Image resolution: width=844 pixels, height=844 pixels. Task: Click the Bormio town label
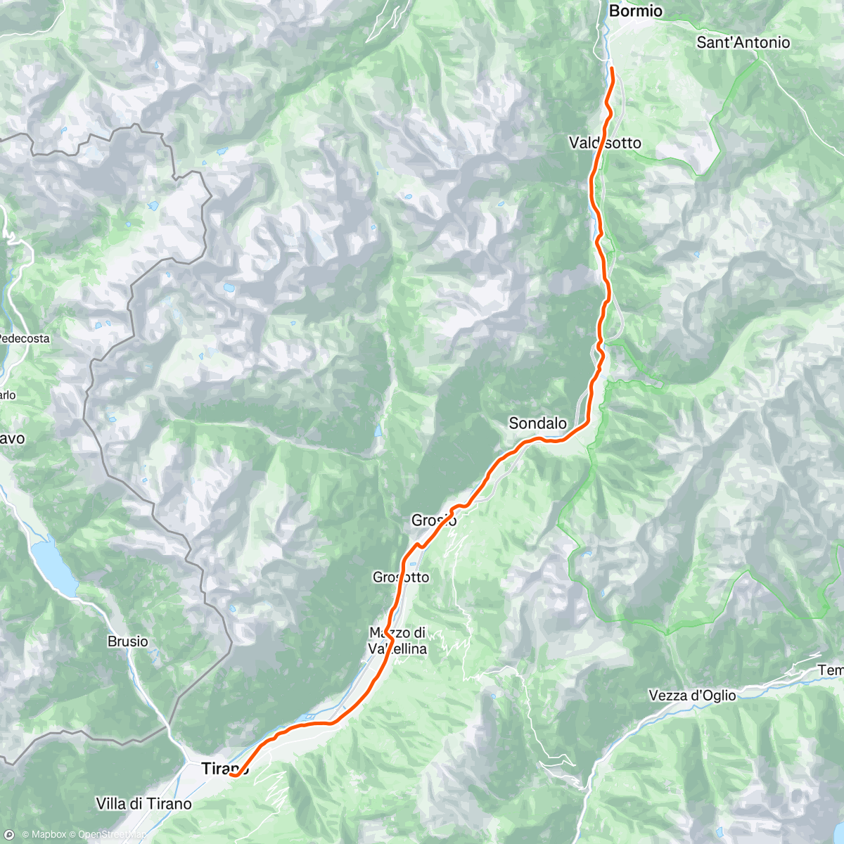(635, 11)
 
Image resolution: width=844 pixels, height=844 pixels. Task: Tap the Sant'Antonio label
(743, 43)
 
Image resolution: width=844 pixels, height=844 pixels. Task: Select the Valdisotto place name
(605, 143)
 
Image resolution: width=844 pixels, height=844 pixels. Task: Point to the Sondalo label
(537, 423)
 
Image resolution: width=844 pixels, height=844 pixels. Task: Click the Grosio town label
(434, 520)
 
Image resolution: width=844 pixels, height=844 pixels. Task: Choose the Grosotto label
(400, 577)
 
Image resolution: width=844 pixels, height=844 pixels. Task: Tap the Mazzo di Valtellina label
(398, 641)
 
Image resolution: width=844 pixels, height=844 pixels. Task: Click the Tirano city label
(224, 769)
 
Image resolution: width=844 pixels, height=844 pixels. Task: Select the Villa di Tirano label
(143, 804)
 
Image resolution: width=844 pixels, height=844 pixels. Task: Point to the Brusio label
(128, 641)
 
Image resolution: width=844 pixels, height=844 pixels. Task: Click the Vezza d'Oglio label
(692, 696)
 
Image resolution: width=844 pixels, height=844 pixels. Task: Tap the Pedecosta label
(24, 339)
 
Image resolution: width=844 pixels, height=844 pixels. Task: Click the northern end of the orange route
(612, 68)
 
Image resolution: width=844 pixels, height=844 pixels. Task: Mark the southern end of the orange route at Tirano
(231, 775)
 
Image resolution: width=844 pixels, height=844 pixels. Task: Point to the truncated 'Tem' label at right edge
(831, 671)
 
